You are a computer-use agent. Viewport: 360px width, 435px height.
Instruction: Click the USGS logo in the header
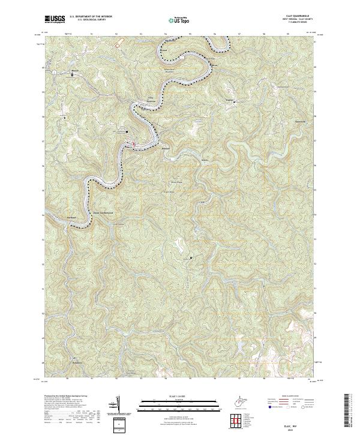click(55, 19)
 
